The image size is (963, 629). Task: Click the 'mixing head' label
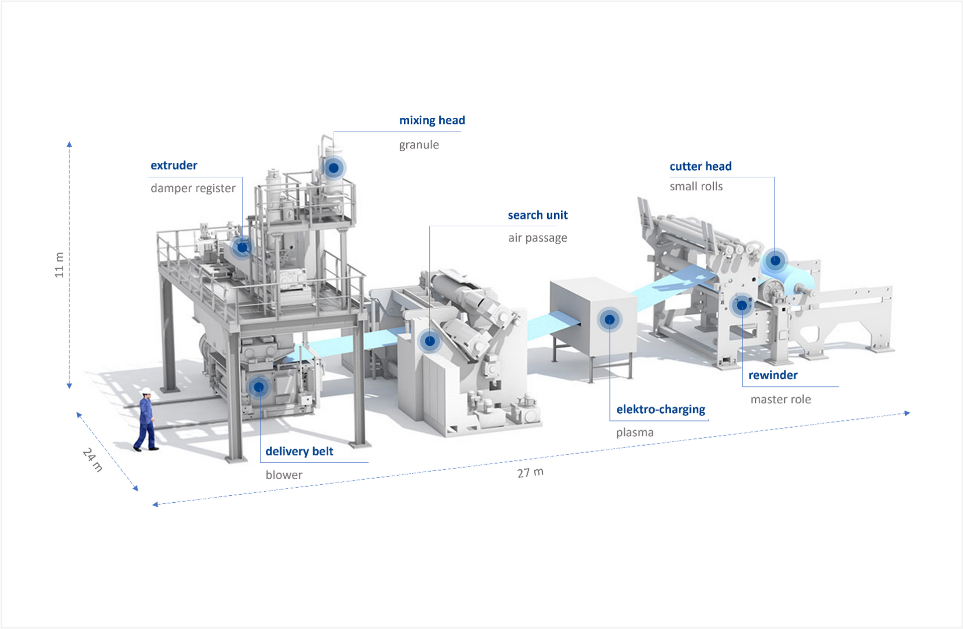(432, 120)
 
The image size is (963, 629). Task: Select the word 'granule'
(419, 145)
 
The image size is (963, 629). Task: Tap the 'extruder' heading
(174, 165)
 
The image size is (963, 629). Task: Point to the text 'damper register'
(193, 188)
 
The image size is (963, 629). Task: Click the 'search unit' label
(538, 215)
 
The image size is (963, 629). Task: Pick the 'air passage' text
(538, 238)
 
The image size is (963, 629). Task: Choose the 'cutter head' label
(700, 166)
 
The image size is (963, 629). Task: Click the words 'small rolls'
(696, 186)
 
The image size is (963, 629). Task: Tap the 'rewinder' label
(773, 375)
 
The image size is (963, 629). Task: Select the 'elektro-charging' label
(661, 409)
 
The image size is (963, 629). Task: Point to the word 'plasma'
(634, 433)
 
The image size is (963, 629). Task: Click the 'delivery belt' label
(299, 451)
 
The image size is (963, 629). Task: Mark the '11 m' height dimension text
(59, 265)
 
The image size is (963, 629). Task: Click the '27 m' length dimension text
(530, 473)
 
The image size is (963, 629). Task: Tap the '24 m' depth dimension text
(93, 460)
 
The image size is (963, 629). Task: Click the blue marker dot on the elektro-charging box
(609, 319)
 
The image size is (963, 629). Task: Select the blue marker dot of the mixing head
(334, 167)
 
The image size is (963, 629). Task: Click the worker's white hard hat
(146, 391)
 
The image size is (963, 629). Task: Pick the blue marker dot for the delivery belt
(259, 387)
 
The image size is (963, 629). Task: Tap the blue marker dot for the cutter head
(775, 261)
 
